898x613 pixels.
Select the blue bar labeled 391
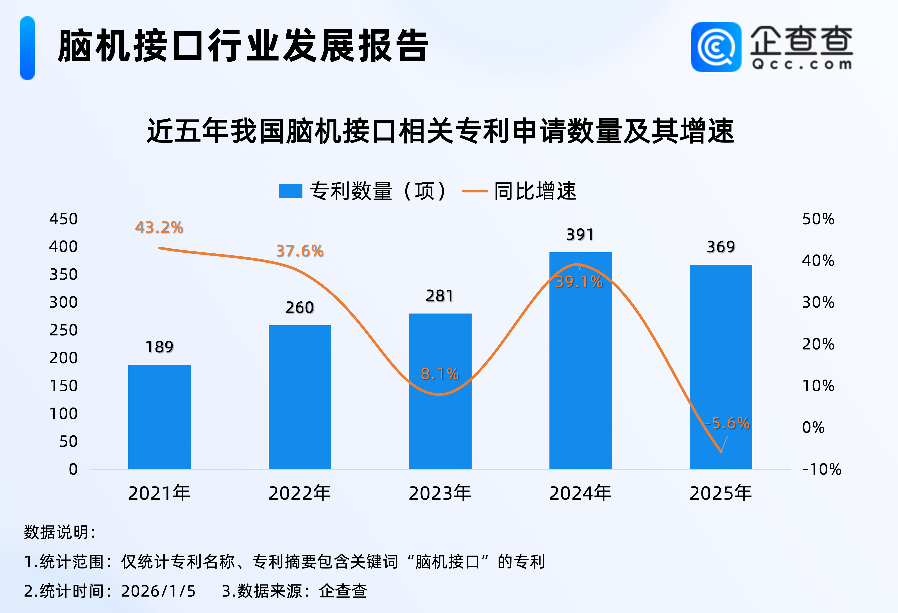tap(580, 363)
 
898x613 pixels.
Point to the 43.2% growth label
tap(159, 228)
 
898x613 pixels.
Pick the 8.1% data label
tap(440, 374)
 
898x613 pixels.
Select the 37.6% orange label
tap(299, 251)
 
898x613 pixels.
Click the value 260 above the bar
tap(299, 307)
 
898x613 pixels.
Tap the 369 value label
tap(721, 247)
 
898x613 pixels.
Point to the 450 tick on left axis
tap(63, 219)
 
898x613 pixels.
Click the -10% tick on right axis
tap(821, 469)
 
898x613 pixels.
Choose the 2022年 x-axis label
tap(299, 493)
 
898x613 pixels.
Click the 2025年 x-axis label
tap(721, 493)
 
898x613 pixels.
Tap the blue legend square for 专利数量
tap(290, 191)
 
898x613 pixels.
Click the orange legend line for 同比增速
tap(474, 191)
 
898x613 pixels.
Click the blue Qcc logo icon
tap(716, 47)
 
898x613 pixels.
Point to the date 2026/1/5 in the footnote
tap(158, 591)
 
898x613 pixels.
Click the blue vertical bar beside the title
tap(27, 48)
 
